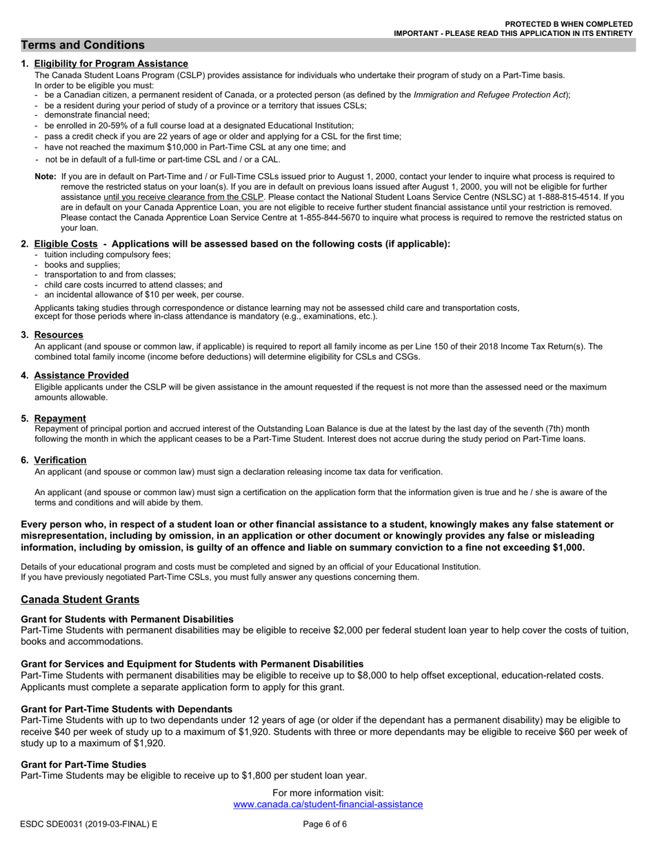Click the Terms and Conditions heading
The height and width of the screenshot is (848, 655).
click(x=83, y=46)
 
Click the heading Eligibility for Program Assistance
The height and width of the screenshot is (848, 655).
click(x=111, y=63)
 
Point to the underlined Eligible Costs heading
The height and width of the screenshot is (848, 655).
click(x=65, y=244)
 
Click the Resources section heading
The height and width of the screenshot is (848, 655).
click(x=59, y=335)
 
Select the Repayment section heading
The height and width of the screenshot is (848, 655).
click(x=60, y=418)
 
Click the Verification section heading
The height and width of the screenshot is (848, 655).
click(x=60, y=461)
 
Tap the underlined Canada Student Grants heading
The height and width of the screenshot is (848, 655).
click(x=80, y=600)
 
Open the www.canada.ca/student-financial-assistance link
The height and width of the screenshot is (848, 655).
click(x=328, y=805)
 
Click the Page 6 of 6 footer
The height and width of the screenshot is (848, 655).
click(x=325, y=825)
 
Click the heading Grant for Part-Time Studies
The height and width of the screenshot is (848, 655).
click(x=83, y=765)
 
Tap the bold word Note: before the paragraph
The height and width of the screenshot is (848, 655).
click(x=46, y=177)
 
